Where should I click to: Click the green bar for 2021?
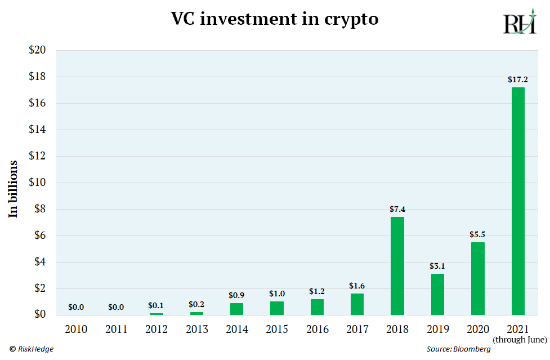(x=517, y=201)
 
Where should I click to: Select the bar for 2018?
(x=397, y=266)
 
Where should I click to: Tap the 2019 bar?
(x=437, y=294)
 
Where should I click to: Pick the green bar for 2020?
(x=477, y=278)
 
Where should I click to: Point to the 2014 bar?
(x=236, y=309)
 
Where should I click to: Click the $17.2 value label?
(x=517, y=80)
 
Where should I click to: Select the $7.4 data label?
(x=397, y=209)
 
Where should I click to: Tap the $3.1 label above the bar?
(x=437, y=266)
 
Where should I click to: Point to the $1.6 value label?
(x=357, y=286)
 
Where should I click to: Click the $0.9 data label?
(x=236, y=295)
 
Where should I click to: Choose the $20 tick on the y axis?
(x=37, y=50)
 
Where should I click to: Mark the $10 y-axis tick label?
(x=37, y=183)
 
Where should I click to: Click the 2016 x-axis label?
(x=317, y=328)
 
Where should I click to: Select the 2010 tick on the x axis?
(x=76, y=328)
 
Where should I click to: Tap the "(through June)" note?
(x=520, y=340)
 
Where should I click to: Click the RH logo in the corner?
(x=518, y=24)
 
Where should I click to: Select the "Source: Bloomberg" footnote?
(x=458, y=349)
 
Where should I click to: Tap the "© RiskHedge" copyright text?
(x=32, y=349)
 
